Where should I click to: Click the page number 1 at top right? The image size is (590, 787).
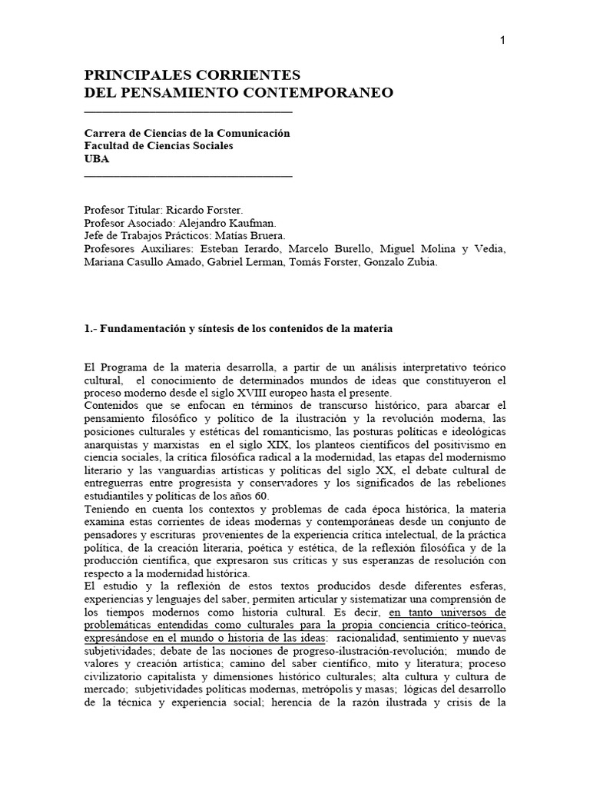point(502,41)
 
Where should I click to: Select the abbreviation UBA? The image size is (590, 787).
point(97,159)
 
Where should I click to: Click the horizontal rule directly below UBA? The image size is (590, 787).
point(188,176)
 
